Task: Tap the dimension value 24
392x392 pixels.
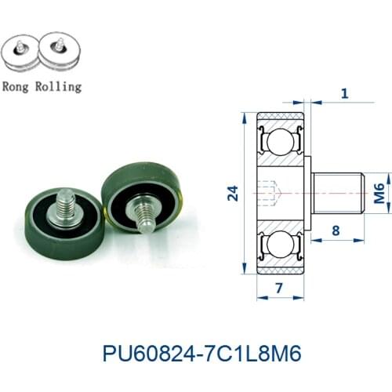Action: coord(232,194)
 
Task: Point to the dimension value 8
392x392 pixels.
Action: coord(336,230)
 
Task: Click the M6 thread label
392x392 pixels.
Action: coord(379,193)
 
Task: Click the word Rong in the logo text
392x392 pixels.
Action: coord(20,86)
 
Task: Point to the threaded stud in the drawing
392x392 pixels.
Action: coord(337,193)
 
